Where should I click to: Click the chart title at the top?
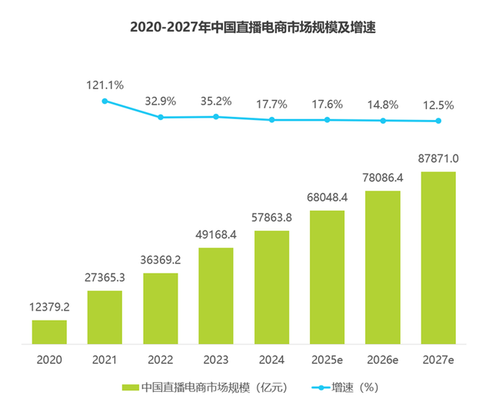[246, 28]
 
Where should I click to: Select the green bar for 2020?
[49, 331]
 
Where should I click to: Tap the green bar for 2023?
[216, 295]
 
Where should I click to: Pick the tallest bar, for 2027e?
[438, 257]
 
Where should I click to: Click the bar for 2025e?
[327, 276]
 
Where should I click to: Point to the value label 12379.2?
[49, 307]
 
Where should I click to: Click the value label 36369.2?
[161, 239]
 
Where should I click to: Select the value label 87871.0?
[438, 158]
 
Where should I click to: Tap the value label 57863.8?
[271, 218]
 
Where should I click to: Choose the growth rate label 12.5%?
[438, 104]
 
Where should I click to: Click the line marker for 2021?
[105, 101]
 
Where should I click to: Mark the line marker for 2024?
[271, 120]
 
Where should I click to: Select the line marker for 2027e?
[438, 121]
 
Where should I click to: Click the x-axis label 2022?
[161, 358]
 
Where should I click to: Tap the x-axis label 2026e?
[383, 358]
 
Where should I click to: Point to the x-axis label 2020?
[49, 358]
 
